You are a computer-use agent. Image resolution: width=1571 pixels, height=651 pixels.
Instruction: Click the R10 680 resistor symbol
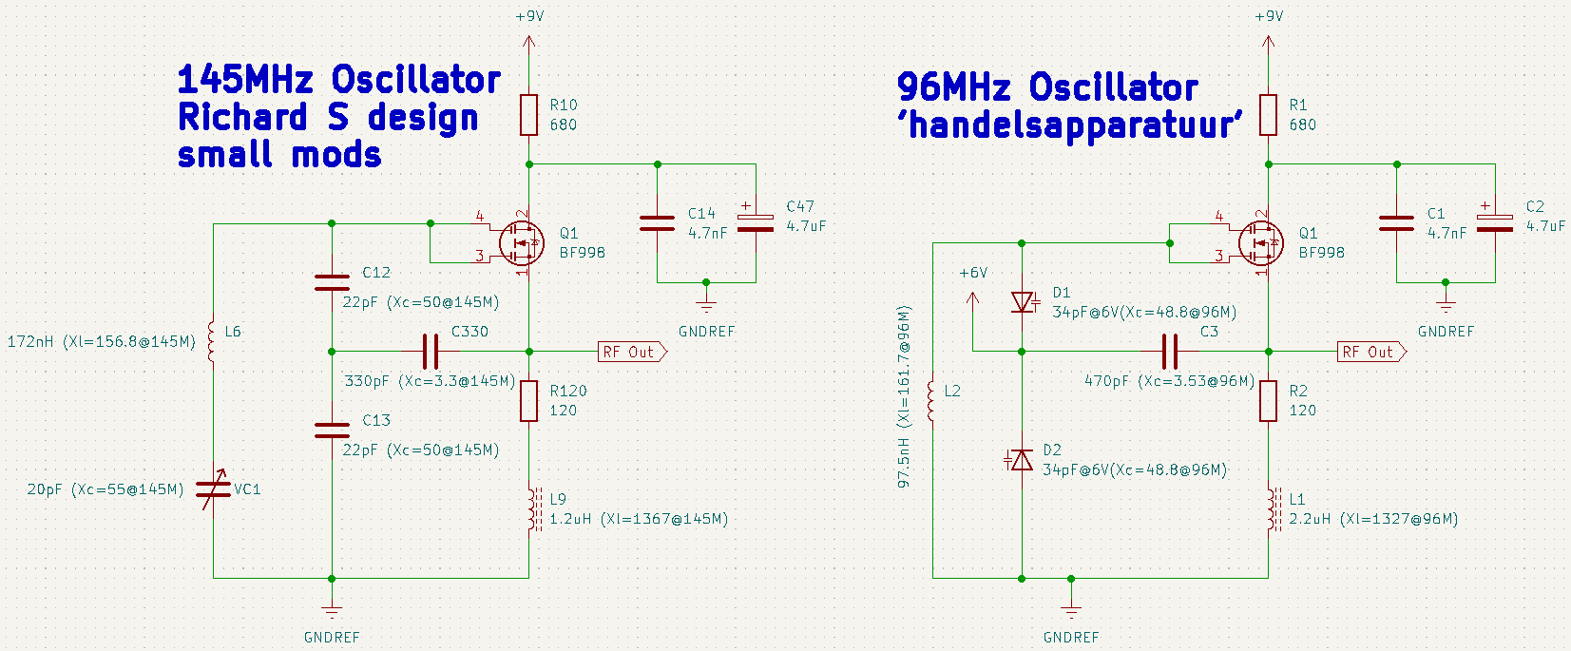click(528, 115)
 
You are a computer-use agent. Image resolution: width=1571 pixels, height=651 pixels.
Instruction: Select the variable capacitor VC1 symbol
click(214, 489)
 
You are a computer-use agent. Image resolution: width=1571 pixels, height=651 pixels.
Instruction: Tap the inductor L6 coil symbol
click(211, 341)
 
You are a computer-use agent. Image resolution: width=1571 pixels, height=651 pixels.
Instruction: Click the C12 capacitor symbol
click(332, 282)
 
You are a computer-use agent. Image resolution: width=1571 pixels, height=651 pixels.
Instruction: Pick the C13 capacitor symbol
click(332, 430)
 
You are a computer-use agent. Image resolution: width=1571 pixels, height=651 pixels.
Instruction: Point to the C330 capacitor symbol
click(431, 352)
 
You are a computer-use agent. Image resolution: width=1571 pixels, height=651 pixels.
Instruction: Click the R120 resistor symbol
click(528, 401)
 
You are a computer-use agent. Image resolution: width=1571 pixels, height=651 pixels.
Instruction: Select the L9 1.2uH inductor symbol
click(534, 509)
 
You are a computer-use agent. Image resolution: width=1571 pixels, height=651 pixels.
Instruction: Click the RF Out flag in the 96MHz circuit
click(1371, 352)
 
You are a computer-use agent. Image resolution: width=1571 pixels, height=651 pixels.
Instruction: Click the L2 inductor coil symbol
click(930, 401)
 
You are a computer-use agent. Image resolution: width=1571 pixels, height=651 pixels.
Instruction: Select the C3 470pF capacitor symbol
click(1170, 352)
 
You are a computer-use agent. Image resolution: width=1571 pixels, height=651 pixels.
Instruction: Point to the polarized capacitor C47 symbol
click(756, 220)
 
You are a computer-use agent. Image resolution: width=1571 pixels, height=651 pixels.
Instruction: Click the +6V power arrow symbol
click(973, 299)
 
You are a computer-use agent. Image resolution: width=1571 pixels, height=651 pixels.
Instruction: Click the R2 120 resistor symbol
click(1268, 401)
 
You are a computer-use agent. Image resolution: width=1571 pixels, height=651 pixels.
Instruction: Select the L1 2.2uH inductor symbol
click(1273, 509)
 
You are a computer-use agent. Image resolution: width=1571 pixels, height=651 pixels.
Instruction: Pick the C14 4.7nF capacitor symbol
click(657, 223)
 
